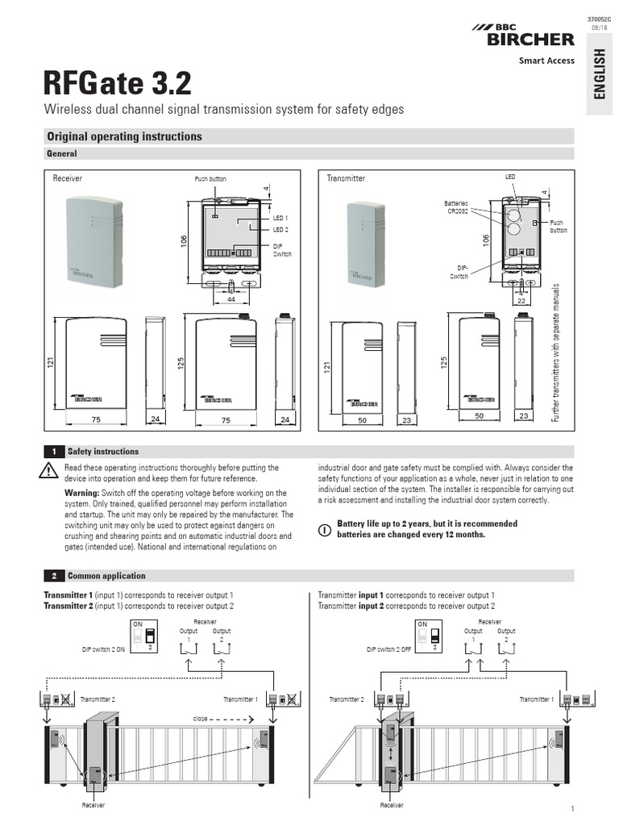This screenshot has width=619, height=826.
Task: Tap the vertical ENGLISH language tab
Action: point(599,73)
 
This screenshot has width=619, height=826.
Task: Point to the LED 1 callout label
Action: point(280,219)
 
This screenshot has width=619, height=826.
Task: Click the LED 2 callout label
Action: point(280,230)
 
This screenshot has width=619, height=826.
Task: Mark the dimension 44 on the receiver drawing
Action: point(231,298)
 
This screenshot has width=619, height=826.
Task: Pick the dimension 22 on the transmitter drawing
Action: point(521,300)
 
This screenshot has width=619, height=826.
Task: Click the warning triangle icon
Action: point(51,472)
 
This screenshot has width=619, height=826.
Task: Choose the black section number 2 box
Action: point(53,576)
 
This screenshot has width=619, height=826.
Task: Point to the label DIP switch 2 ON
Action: point(103,649)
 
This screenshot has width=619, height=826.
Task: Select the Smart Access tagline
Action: point(546,60)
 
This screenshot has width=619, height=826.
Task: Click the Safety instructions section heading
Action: point(103,452)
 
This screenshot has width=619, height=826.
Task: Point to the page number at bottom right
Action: point(571,808)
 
